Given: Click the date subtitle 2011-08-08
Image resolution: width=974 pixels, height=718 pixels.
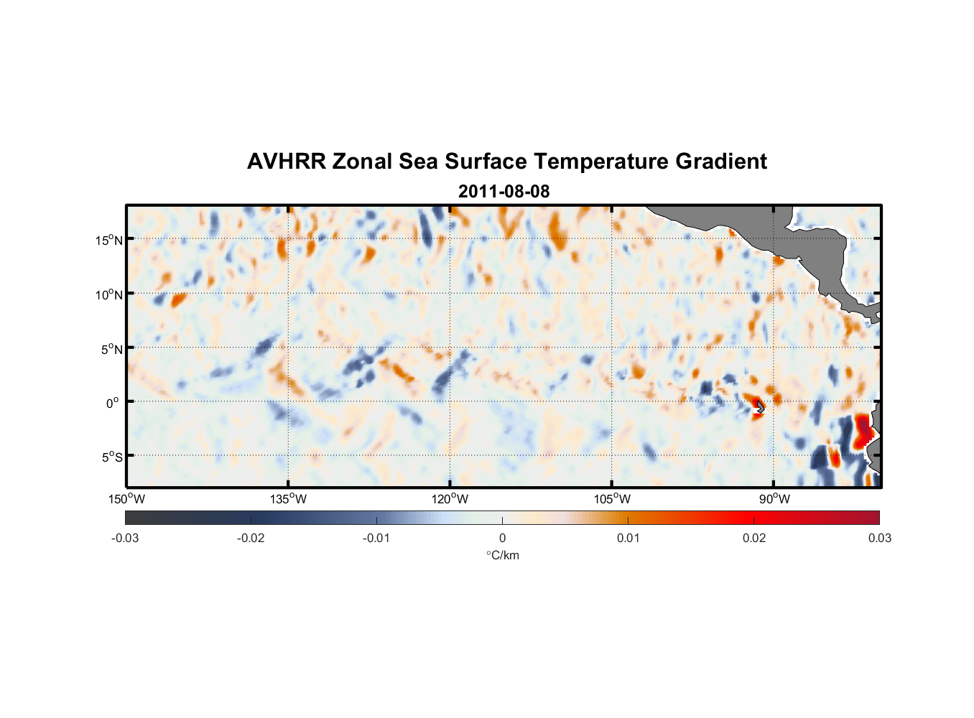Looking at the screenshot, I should [504, 192].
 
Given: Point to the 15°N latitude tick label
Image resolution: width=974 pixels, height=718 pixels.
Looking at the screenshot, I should [109, 240].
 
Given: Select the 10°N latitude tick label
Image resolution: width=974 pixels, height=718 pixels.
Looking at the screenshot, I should [109, 294].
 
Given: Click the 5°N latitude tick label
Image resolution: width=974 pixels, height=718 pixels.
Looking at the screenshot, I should [111, 349].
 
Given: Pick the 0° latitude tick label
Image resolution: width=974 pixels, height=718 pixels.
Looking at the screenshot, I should [113, 404].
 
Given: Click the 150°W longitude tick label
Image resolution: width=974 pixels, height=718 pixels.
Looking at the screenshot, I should [127, 499].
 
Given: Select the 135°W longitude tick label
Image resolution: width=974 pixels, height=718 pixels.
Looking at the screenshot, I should [289, 499].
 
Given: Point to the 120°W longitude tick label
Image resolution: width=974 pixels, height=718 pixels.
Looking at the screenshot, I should [450, 499].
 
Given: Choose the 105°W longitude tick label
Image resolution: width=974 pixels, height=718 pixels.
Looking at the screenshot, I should [612, 499].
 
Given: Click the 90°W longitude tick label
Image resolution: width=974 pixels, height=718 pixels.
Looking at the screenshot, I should [774, 499].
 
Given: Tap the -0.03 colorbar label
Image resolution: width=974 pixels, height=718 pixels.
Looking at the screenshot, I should [125, 538].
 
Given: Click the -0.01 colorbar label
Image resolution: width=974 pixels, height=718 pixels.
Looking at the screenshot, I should [376, 538].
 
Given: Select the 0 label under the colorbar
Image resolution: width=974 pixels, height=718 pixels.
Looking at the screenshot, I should [502, 538].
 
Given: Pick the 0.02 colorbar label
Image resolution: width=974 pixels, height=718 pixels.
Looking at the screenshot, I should [754, 538].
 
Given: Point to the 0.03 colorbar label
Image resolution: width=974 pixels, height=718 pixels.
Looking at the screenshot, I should [879, 538].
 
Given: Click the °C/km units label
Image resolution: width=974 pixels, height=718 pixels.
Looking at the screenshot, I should [502, 555].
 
